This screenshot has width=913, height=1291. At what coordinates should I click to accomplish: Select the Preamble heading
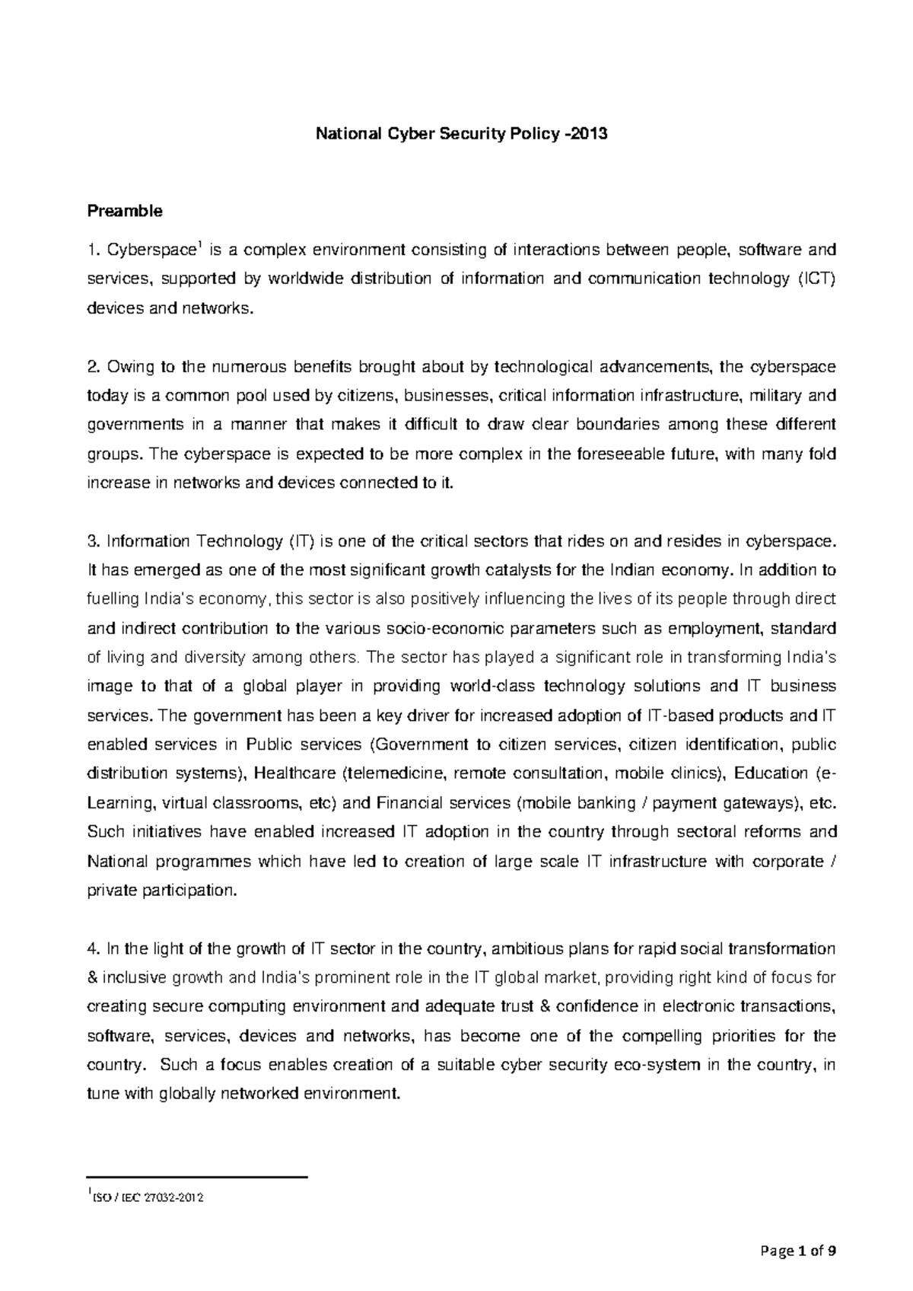(x=125, y=212)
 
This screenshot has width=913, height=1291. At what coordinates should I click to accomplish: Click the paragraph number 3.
(x=93, y=542)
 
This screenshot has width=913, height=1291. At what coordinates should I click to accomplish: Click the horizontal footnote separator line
(x=197, y=1178)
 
